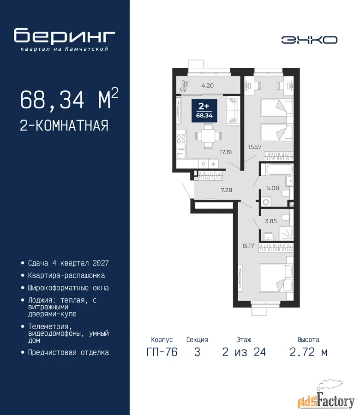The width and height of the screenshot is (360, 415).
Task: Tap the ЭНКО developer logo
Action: point(309,40)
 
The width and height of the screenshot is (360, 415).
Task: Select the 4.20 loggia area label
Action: point(207,85)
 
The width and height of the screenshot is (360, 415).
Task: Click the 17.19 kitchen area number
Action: point(225,152)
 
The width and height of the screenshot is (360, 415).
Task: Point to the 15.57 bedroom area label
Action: point(255,147)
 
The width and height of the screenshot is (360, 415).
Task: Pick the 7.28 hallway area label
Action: point(226,190)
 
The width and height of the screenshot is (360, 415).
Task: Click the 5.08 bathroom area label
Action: point(273,188)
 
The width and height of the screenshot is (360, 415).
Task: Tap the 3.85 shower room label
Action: point(271,221)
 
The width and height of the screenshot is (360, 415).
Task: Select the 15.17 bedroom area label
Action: point(248,246)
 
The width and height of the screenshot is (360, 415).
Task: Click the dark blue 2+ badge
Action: point(204,111)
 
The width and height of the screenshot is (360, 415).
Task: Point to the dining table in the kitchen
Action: point(208,136)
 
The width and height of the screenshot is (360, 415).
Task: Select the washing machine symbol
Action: point(266,202)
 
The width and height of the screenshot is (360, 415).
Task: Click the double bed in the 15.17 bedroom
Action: point(276,278)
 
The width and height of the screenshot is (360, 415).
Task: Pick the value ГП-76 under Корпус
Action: point(162,352)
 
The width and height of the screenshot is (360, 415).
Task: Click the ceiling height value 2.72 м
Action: point(309,352)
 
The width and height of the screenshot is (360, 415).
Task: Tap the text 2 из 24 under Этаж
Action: point(244,352)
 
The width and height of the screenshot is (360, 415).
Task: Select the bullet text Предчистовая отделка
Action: point(68,353)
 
